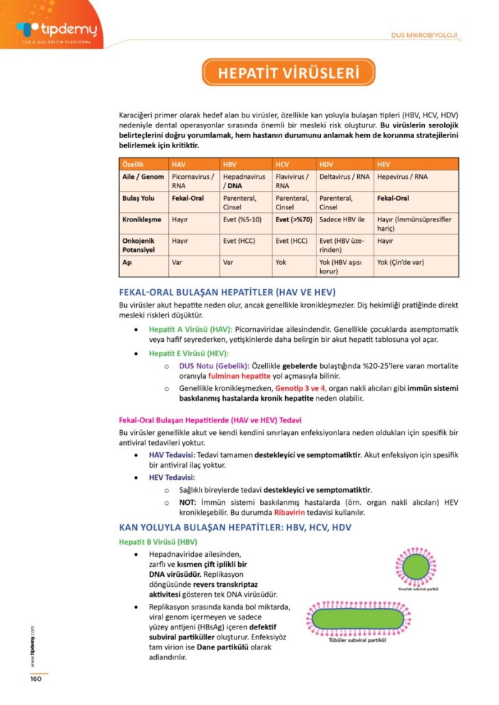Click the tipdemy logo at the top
pyautogui.click(x=56, y=30)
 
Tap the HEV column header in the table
pyautogui.click(x=384, y=164)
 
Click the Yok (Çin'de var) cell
pyautogui.click(x=401, y=262)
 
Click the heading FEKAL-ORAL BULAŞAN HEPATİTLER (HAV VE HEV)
pyautogui.click(x=227, y=293)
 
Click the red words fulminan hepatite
pyautogui.click(x=238, y=376)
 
